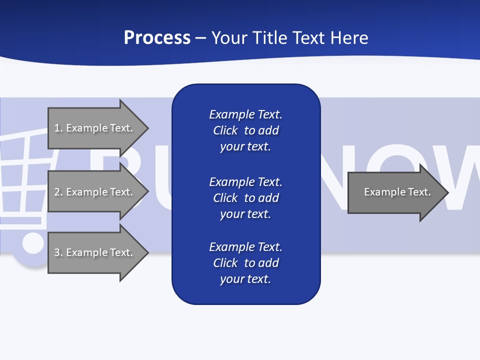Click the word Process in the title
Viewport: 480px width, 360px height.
point(157,38)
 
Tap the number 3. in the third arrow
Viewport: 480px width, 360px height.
point(58,252)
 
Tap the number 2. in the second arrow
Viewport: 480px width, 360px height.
point(58,192)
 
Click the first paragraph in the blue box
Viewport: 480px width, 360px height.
point(245,130)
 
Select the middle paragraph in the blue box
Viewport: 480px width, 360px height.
point(245,197)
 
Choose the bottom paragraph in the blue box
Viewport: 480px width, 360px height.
point(245,263)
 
